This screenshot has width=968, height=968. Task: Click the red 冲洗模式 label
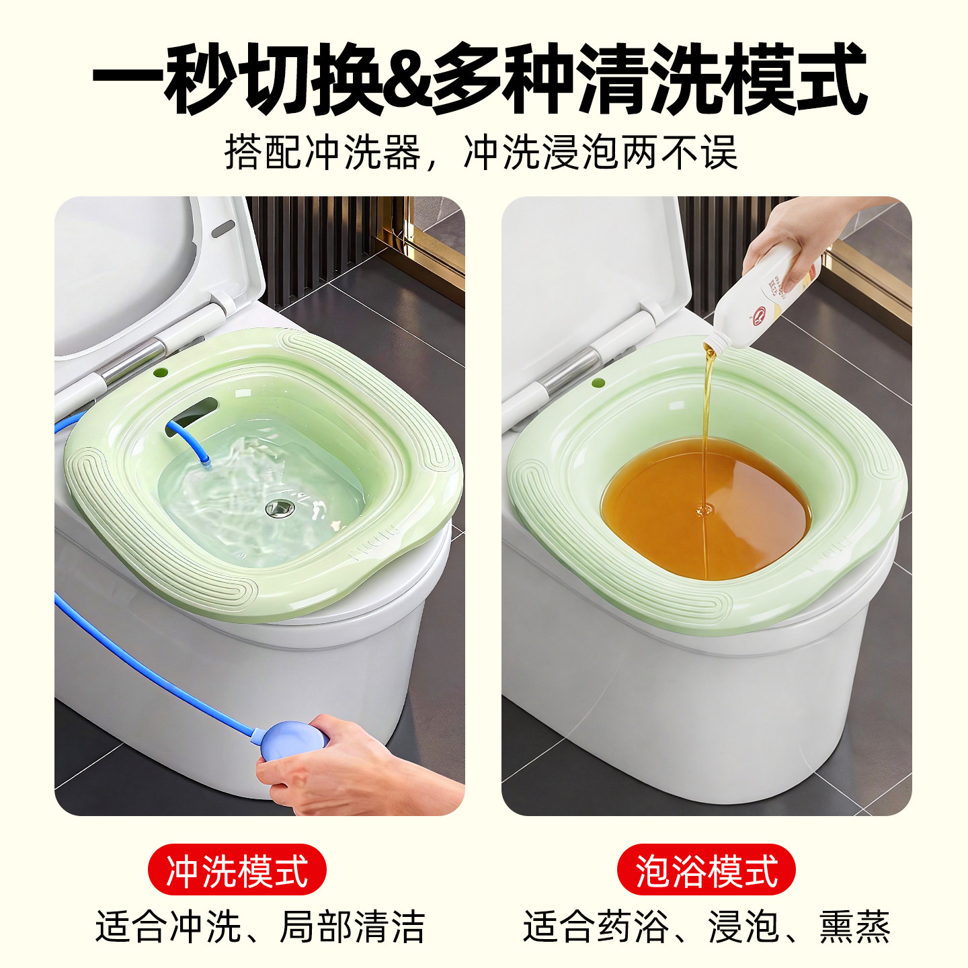[x=237, y=870]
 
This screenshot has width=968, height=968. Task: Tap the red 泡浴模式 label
[x=706, y=870]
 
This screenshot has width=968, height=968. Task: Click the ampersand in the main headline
[x=407, y=79]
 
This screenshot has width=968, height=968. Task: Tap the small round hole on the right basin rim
[x=598, y=383]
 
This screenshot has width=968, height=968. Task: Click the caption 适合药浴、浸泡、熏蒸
[x=706, y=927]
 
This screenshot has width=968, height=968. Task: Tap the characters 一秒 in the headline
[x=165, y=79]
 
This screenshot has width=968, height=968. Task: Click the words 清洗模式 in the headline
[x=723, y=79]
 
